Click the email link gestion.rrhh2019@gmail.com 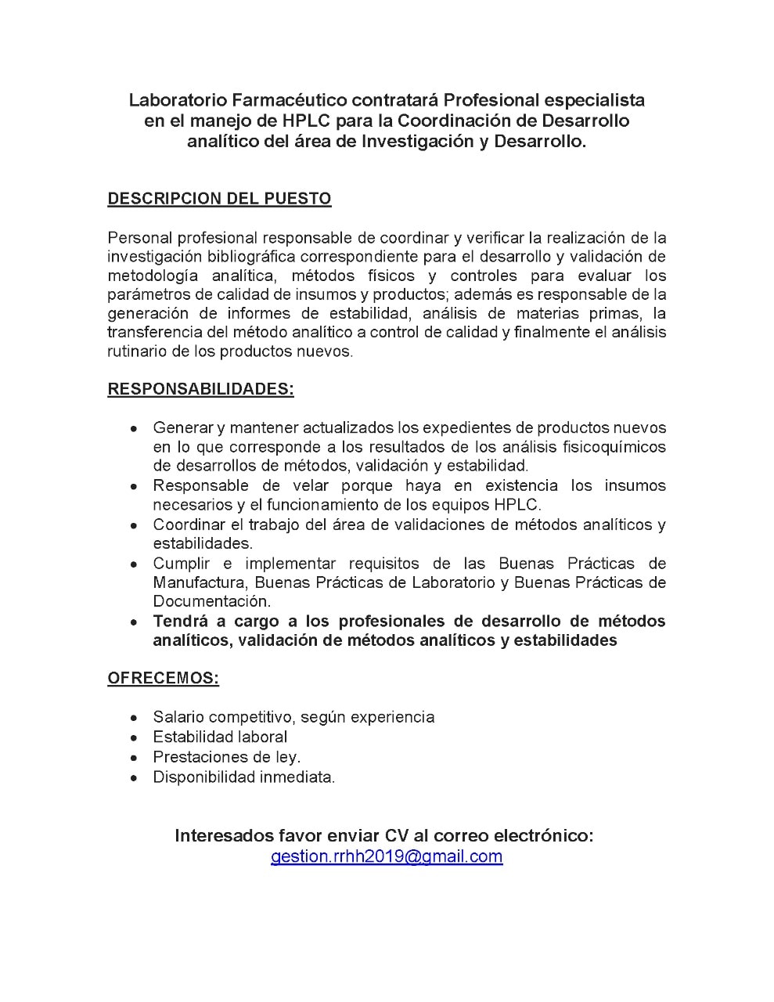point(387,856)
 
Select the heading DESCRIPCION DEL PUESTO point(219,199)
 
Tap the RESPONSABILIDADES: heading point(200,390)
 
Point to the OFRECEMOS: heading point(163,679)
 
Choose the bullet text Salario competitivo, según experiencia point(293,717)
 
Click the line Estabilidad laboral point(220,737)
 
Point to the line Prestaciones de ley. point(226,757)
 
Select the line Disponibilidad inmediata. point(243,777)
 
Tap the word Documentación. point(211,601)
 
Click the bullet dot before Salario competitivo point(135,718)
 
